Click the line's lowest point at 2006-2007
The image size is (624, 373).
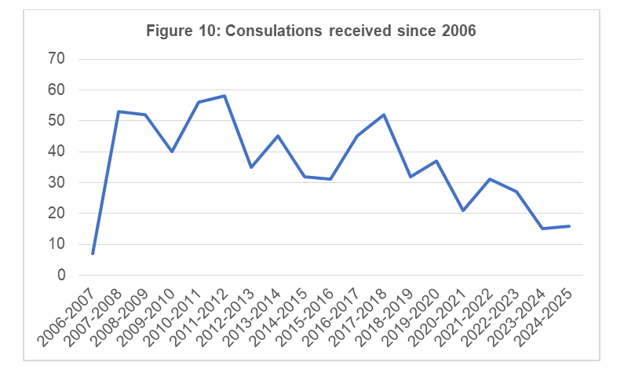[93, 254]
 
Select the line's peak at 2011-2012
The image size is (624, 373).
[224, 96]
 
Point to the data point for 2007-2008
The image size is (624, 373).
[119, 112]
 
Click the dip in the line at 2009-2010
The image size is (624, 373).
[172, 152]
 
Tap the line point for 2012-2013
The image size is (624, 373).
[251, 167]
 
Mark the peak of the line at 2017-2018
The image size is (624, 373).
[384, 115]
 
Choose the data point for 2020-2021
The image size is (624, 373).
[463, 210]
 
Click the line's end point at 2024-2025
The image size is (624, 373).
[569, 226]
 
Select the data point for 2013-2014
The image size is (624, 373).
[278, 136]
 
